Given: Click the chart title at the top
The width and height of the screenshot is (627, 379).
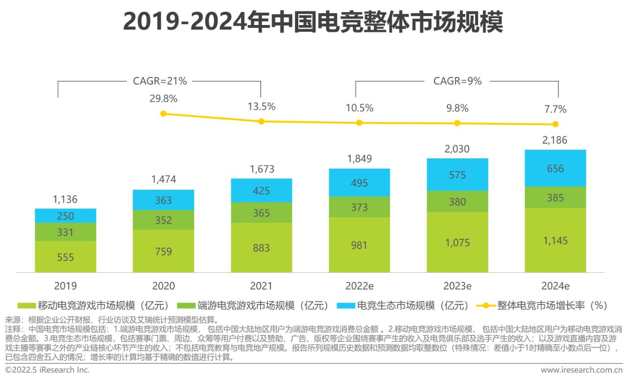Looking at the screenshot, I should pos(313,23).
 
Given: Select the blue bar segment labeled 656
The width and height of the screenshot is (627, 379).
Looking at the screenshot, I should pos(555,168).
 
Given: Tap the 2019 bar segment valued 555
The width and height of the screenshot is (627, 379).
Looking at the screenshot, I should pos(65,256).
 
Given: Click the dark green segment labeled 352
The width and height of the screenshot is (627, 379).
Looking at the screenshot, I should pos(163,220).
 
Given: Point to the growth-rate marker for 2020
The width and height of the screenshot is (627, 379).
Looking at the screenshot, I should pos(163,114).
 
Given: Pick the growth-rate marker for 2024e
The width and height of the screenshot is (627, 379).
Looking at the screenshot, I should pos(555,124).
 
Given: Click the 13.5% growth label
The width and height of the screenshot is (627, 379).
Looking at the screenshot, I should pos(261,106).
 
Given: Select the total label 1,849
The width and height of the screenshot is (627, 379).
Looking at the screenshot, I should pos(359,159).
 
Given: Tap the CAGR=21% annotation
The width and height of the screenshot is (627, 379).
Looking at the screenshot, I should pos(160,81).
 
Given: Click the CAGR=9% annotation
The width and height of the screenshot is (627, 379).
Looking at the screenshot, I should pos(458,81).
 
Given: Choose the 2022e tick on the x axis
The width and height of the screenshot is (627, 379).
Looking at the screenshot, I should pos(359,286).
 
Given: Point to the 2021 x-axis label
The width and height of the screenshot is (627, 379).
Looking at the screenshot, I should pos(261,286).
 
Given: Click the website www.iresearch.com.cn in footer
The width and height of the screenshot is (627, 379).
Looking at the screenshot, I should pos(580,370).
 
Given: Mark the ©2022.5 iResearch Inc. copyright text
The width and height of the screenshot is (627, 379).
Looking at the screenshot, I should pos(48,370).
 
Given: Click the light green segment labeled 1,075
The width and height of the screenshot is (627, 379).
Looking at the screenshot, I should pos(457,242).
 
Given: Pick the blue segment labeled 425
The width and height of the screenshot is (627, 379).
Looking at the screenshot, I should pos(261,190).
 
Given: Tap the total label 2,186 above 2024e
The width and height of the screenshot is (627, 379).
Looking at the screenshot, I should pos(555,140).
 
